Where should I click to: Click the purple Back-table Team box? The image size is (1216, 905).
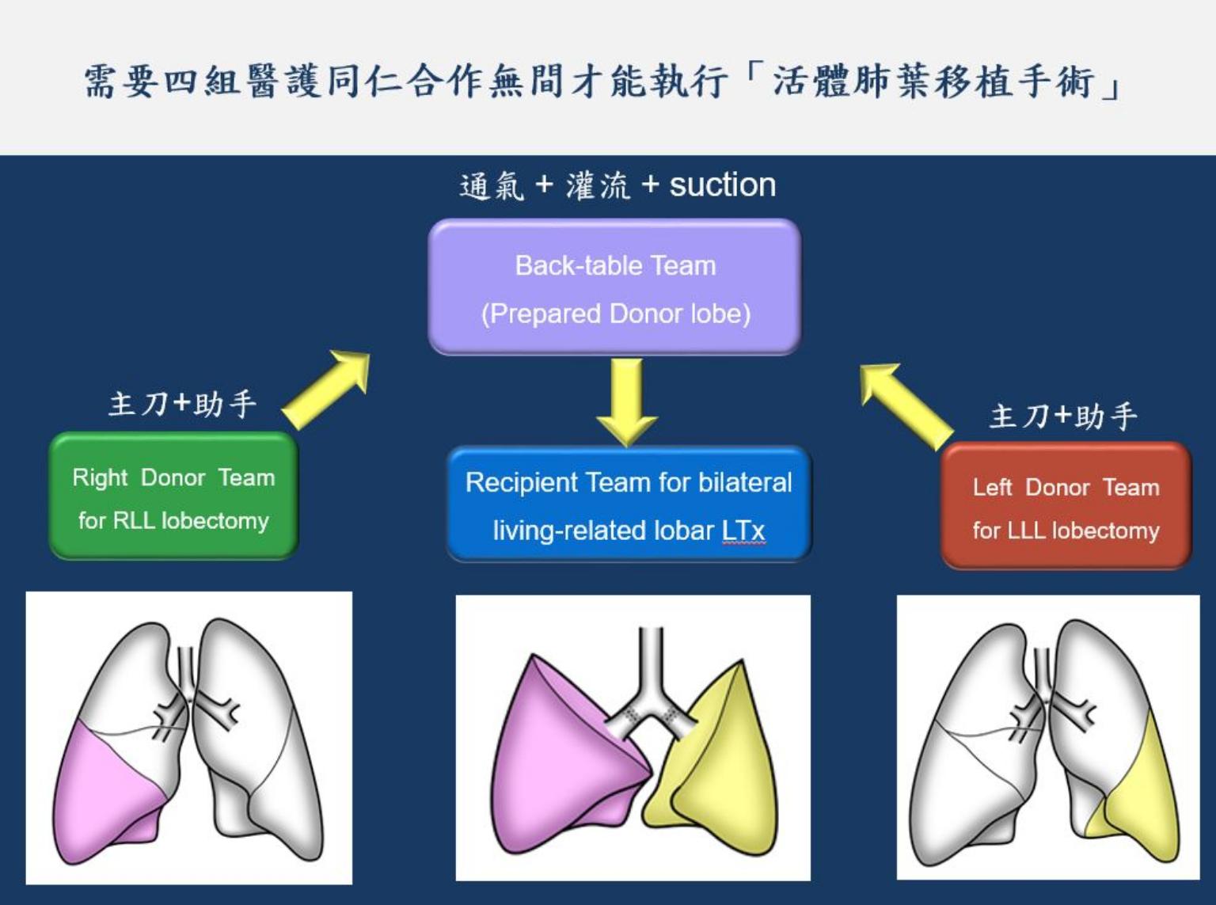click(614, 287)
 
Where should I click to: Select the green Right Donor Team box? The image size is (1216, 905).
click(174, 496)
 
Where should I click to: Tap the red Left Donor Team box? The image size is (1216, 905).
click(1066, 506)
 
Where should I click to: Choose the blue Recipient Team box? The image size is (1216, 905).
click(629, 504)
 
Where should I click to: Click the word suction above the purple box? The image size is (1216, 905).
click(723, 184)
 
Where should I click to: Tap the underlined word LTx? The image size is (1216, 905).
click(743, 531)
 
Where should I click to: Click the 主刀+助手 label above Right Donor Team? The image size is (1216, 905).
click(183, 405)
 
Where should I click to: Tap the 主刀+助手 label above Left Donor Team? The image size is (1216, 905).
click(1063, 416)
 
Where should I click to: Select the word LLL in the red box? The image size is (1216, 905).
click(1026, 531)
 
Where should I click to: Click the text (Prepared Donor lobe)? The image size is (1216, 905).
click(616, 314)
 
